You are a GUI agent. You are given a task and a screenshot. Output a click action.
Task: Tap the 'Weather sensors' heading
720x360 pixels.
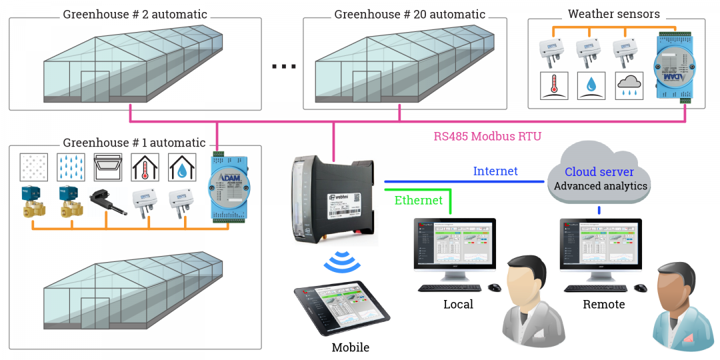613,14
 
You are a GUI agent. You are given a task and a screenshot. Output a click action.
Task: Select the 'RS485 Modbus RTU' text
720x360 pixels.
487,137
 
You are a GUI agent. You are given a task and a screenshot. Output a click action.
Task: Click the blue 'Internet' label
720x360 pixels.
495,171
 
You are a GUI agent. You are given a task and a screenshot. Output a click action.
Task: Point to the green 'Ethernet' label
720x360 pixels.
419,200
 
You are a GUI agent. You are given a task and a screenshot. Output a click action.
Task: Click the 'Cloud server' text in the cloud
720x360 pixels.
599,171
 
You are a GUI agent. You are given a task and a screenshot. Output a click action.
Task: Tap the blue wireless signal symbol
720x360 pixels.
342,262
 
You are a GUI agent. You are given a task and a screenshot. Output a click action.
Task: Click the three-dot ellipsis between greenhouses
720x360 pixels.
284,66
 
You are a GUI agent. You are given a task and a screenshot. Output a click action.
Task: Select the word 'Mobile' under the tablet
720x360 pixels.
350,347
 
